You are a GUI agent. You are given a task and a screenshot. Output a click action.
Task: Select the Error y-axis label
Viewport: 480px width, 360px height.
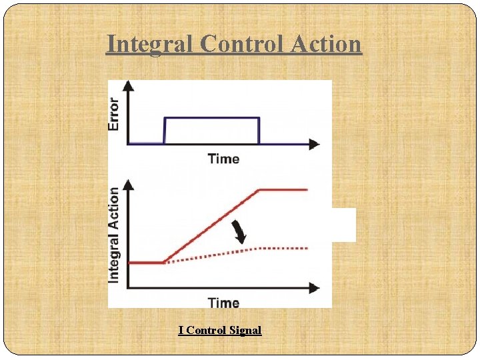coord(115,114)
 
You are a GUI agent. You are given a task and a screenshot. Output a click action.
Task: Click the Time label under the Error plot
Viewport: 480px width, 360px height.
coord(223,159)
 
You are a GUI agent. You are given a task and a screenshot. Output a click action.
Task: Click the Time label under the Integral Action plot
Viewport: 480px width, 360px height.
coord(223,303)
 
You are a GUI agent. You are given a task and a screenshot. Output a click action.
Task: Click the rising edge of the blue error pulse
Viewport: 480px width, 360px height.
coord(165,130)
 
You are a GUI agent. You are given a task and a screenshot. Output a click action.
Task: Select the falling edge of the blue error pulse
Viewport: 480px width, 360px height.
coord(259,130)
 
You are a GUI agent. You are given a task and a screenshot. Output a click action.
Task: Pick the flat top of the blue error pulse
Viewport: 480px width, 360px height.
coord(212,118)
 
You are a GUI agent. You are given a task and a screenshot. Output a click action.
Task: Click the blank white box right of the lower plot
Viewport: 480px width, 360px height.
coord(344,225)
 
